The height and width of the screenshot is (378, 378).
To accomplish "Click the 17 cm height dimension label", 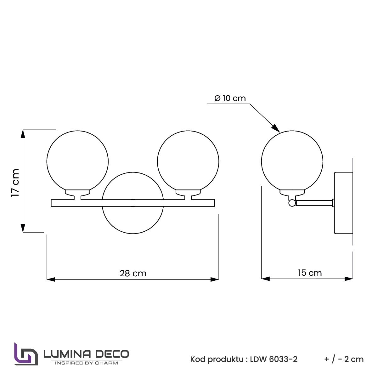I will (x=15, y=183).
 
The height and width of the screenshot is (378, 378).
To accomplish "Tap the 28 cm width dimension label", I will (x=133, y=273).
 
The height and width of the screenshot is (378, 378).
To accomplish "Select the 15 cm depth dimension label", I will (x=310, y=273).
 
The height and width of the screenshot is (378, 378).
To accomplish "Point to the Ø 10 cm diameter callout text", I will (x=230, y=98).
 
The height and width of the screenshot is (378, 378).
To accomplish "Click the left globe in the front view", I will (x=77, y=161).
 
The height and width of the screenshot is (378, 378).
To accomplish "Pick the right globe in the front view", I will (x=188, y=161).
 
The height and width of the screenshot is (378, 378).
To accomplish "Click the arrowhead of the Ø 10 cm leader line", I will (x=276, y=128).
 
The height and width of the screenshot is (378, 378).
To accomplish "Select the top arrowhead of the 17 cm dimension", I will (x=23, y=134).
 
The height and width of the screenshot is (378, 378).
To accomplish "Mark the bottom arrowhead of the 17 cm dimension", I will (x=23, y=228).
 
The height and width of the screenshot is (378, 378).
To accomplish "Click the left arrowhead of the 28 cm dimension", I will (x=51, y=279).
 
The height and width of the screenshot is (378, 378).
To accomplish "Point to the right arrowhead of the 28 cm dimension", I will (x=215, y=279).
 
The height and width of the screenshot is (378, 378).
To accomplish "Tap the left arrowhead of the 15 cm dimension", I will (x=266, y=279).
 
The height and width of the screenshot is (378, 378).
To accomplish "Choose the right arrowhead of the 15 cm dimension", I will (x=349, y=279).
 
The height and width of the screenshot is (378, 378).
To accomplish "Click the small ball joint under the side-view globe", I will (x=292, y=203).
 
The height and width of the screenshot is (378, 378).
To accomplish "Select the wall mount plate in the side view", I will (x=343, y=203).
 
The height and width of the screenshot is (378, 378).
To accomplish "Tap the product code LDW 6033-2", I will (x=274, y=359).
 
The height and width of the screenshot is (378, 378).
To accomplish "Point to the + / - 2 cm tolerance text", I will (x=344, y=359).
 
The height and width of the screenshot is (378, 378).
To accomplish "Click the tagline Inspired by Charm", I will (x=86, y=363).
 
